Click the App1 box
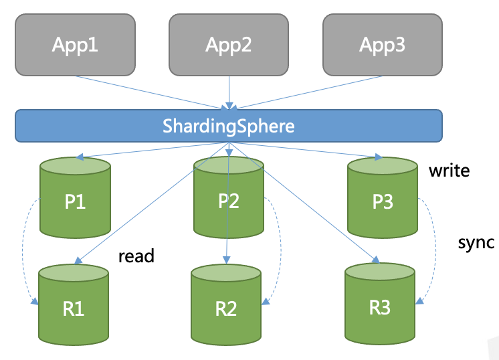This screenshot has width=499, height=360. click(75, 45)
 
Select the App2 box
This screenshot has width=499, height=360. click(229, 45)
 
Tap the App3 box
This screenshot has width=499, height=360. click(383, 45)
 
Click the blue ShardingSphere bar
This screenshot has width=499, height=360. click(229, 126)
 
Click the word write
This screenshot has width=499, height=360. click(450, 171)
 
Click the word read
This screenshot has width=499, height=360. click(136, 256)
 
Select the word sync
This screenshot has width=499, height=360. click(476, 242)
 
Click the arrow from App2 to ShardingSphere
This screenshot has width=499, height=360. click(229, 90)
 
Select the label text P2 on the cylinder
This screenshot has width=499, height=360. click(229, 201)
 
